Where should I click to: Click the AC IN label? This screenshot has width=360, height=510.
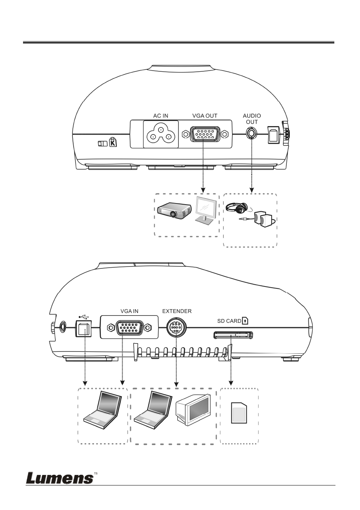point(161,116)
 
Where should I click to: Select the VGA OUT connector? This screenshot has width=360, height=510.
point(205,134)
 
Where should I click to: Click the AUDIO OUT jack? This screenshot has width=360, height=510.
point(251,133)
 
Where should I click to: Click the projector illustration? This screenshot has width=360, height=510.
point(174,211)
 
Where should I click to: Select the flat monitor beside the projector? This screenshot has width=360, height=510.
point(206,211)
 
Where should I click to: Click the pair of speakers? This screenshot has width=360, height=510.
point(264,219)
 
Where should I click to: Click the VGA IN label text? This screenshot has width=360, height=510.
point(129,311)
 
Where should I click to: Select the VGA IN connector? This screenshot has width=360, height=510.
point(129,327)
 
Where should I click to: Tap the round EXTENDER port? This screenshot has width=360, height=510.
point(177,328)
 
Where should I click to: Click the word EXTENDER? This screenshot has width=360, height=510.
point(177,311)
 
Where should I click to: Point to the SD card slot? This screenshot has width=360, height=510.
point(233,335)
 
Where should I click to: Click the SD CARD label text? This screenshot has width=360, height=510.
point(229,321)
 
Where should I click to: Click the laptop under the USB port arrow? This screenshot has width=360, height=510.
point(102,410)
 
